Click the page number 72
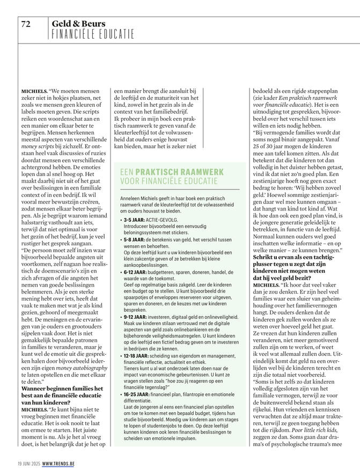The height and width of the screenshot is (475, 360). point(27,24)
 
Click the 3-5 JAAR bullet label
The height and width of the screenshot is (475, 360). point(136,220)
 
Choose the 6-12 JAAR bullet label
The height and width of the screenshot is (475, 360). point(137,273)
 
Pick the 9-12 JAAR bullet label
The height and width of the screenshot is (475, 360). point(137,318)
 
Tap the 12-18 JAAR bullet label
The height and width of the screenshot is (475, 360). point(138,355)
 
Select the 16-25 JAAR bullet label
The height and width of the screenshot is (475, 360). point(138,394)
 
